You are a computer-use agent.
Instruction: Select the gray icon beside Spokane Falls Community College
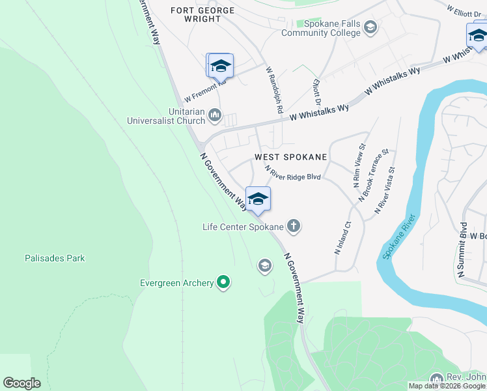[x=370, y=27]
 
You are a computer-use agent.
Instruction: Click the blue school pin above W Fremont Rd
[x=220, y=66]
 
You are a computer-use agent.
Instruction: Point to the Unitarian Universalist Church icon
[x=215, y=116]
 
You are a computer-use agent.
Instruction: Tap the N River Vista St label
[x=384, y=190]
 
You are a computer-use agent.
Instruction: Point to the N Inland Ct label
[x=342, y=237]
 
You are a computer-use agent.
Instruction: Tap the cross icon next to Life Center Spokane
[x=294, y=226]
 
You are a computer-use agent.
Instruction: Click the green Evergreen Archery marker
[x=223, y=282]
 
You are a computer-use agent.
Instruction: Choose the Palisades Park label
[x=55, y=258]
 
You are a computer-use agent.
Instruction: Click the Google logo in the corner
[x=21, y=383]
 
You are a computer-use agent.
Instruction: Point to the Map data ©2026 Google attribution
[x=447, y=386]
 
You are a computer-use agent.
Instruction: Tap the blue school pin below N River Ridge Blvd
[x=258, y=199]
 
